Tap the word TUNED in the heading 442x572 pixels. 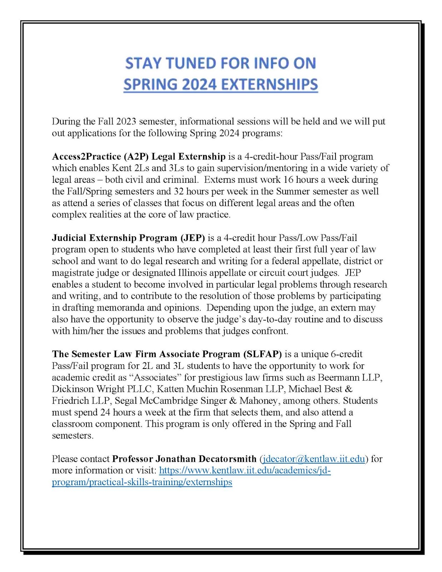coord(190,63)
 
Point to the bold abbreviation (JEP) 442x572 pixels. coord(193,238)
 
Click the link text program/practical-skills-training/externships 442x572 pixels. coord(142,482)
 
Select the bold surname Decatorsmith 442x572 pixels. coord(228,459)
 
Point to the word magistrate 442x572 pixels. coord(73,273)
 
